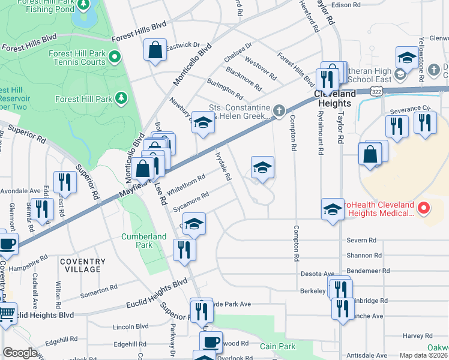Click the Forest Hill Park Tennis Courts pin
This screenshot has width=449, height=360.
[x=115, y=58]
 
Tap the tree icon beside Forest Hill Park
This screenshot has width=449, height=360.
[x=121, y=98]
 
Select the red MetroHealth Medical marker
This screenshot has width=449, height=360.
[x=424, y=208]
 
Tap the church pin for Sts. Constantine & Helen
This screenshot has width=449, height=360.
[x=278, y=110]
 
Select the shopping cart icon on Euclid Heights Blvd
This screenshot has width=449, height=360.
[x=7, y=313]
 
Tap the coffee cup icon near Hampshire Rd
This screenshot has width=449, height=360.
[x=7, y=244]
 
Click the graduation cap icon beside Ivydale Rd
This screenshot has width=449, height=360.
[x=262, y=169]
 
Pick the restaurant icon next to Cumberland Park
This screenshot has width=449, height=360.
[x=184, y=249]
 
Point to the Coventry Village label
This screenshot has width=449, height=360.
[x=82, y=265]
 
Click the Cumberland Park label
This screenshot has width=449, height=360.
[x=143, y=241]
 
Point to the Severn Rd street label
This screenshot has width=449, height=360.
[x=361, y=241]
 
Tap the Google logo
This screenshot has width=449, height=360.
[x=20, y=353]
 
